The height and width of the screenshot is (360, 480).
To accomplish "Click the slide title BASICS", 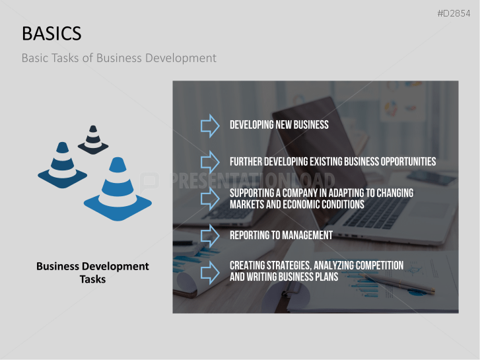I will (x=51, y=33).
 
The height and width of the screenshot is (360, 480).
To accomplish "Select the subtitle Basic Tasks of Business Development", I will (x=119, y=58).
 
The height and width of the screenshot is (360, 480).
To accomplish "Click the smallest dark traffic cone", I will (x=93, y=139).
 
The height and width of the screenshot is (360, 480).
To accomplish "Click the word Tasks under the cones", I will (x=93, y=279).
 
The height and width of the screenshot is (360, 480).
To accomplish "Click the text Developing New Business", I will (x=279, y=125).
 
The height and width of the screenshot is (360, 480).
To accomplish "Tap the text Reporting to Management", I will (x=281, y=235).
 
